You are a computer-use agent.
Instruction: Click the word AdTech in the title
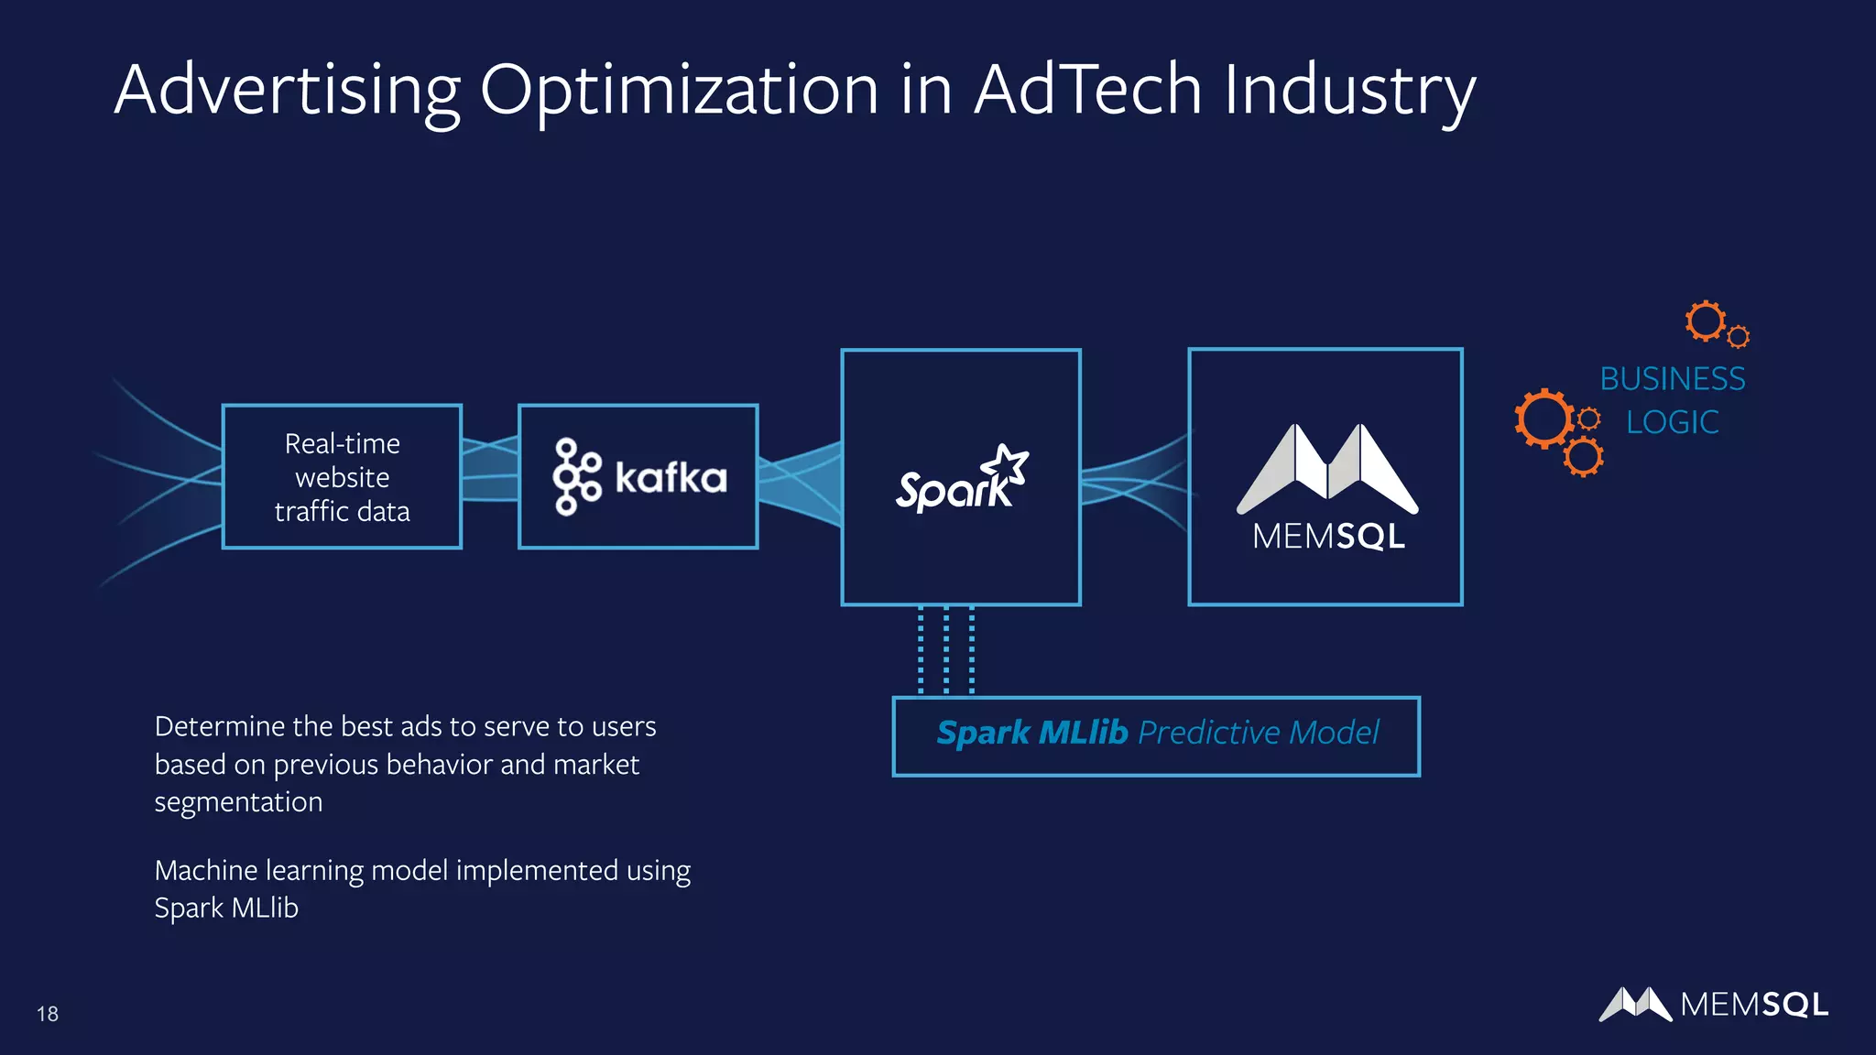[x=1087, y=90]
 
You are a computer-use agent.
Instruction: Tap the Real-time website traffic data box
[x=342, y=477]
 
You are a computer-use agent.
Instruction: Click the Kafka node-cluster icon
[x=576, y=476]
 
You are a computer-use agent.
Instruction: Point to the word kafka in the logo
[x=671, y=478]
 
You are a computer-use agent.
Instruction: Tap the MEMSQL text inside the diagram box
[x=1328, y=537]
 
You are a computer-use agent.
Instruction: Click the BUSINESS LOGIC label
[x=1672, y=400]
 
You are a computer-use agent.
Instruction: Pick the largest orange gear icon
[x=1544, y=419]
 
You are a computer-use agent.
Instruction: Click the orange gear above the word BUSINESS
[x=1706, y=321]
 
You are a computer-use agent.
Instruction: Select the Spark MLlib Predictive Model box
[x=1156, y=736]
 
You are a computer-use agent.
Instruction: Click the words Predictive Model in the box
[x=1258, y=733]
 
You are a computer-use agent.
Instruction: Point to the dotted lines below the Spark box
[x=946, y=650]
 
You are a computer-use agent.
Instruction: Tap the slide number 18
[x=48, y=1014]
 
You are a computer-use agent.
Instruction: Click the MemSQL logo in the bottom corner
[x=1713, y=1005]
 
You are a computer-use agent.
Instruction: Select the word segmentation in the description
[x=238, y=802]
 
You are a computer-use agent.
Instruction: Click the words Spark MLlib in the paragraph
[x=226, y=908]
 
